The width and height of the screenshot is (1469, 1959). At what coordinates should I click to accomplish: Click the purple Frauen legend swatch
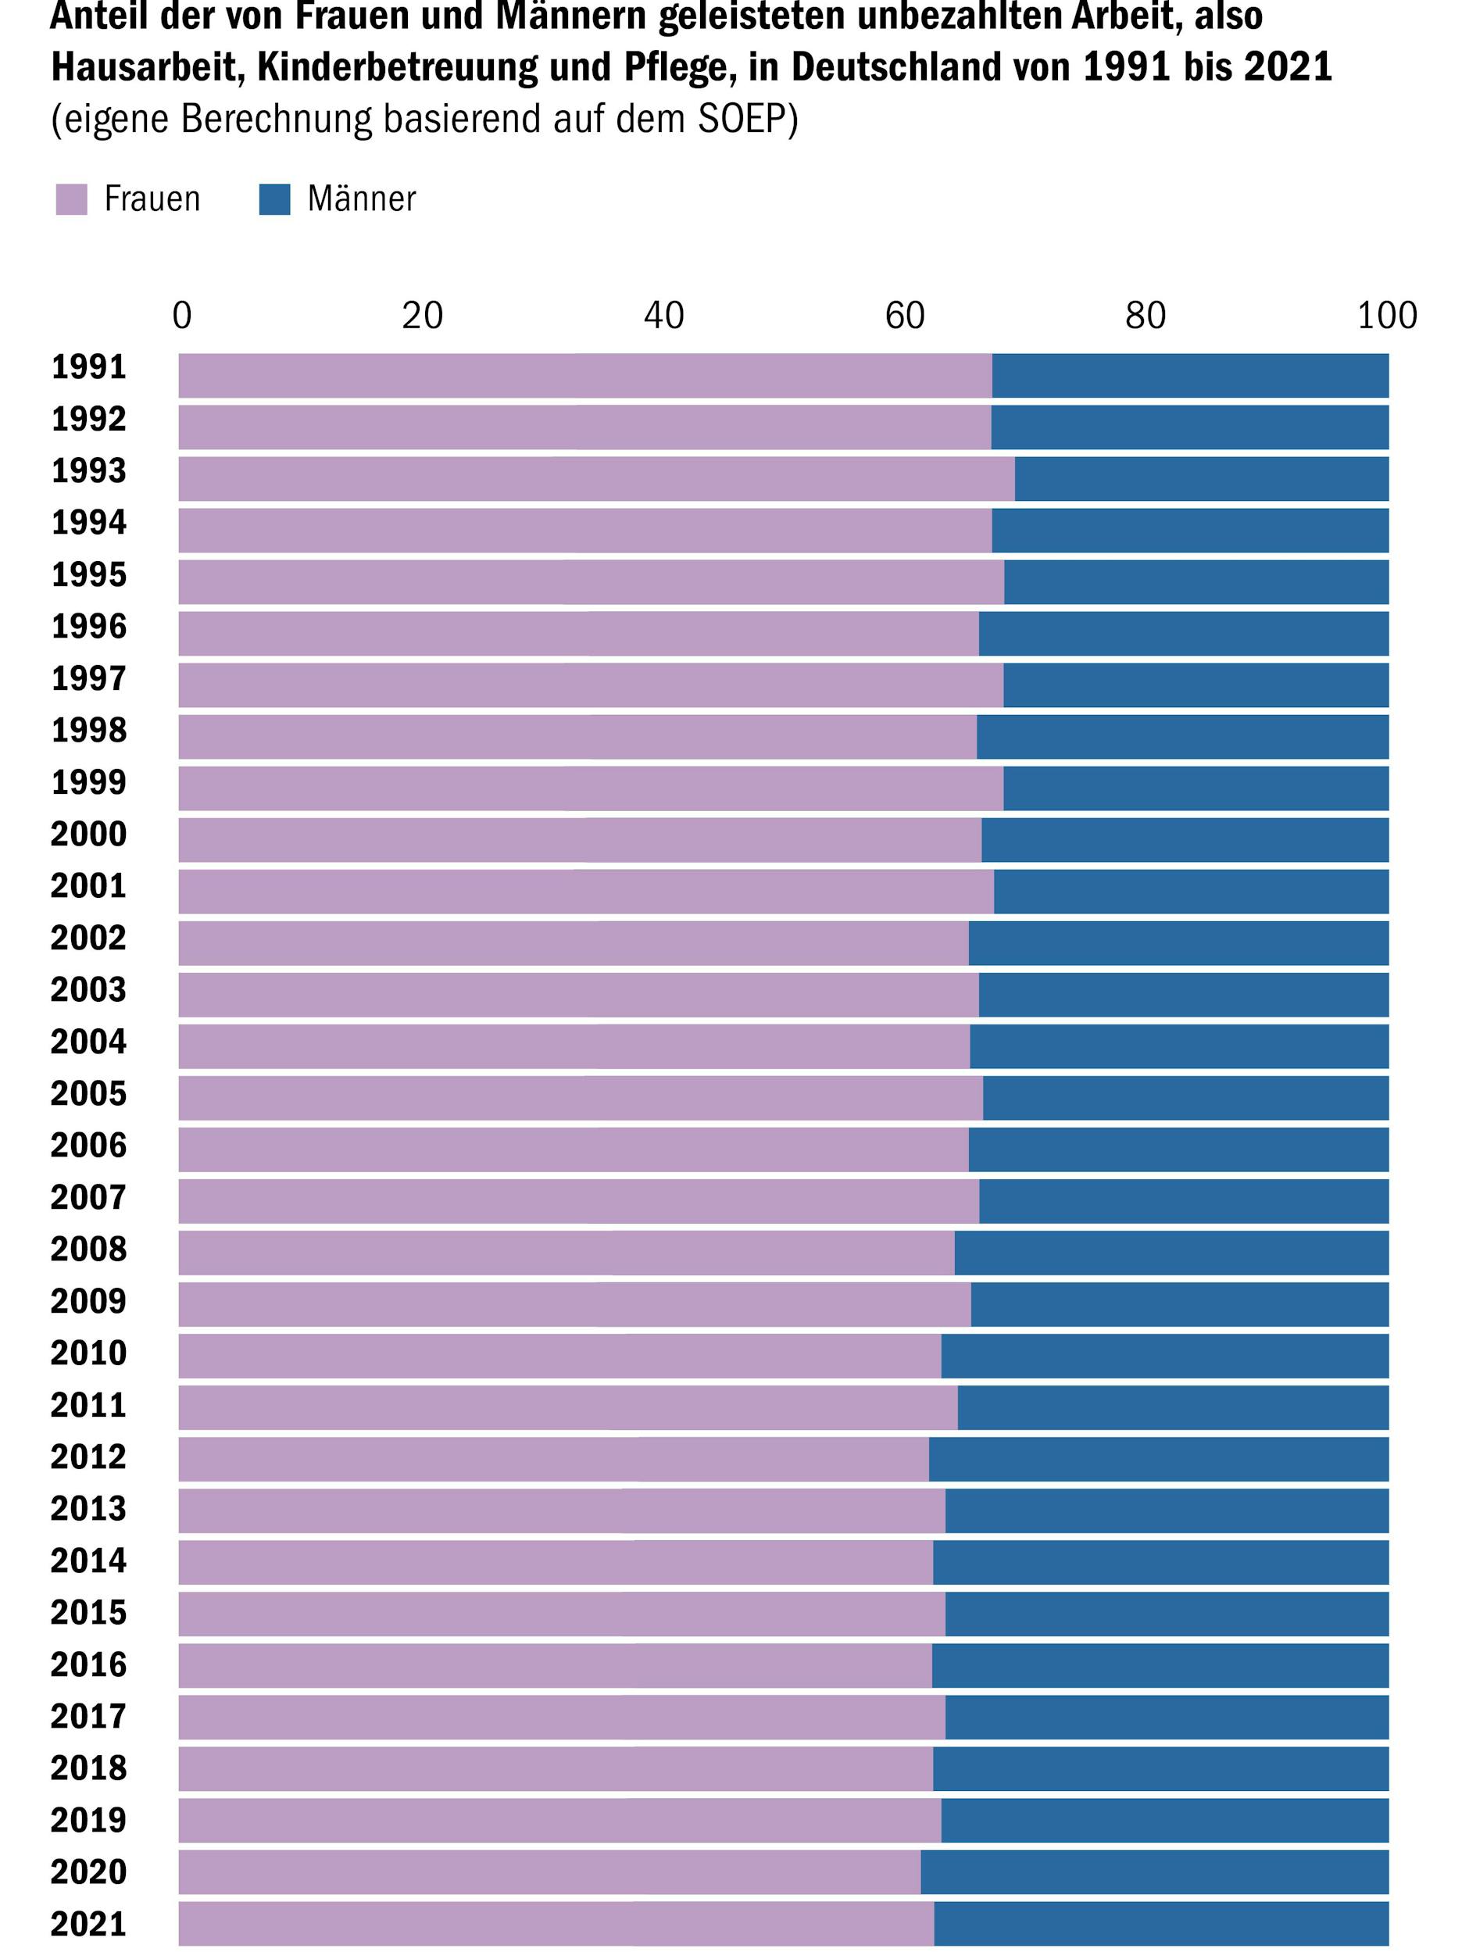[x=72, y=199]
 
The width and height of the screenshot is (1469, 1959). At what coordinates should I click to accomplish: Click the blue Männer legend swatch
[x=274, y=199]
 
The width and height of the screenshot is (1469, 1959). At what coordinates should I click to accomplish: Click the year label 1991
[x=88, y=367]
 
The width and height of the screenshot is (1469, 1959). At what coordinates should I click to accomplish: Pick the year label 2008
[x=88, y=1249]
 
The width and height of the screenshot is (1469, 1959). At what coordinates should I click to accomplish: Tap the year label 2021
[x=88, y=1925]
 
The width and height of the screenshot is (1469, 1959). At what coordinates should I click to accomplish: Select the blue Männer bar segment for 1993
[x=1201, y=479]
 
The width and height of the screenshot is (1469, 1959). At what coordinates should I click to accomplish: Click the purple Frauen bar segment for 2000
[x=580, y=839]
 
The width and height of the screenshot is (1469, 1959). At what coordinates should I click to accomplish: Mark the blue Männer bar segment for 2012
[x=1158, y=1460]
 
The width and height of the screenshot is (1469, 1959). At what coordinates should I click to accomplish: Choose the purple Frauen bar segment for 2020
[x=549, y=1872]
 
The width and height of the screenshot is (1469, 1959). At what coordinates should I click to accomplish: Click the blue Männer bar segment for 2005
[x=1185, y=1098]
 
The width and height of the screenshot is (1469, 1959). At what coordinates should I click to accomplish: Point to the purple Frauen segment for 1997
[x=591, y=685]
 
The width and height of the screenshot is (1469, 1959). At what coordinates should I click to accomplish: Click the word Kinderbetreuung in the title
[x=397, y=67]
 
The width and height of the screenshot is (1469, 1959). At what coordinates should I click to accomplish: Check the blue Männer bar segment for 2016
[x=1160, y=1666]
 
